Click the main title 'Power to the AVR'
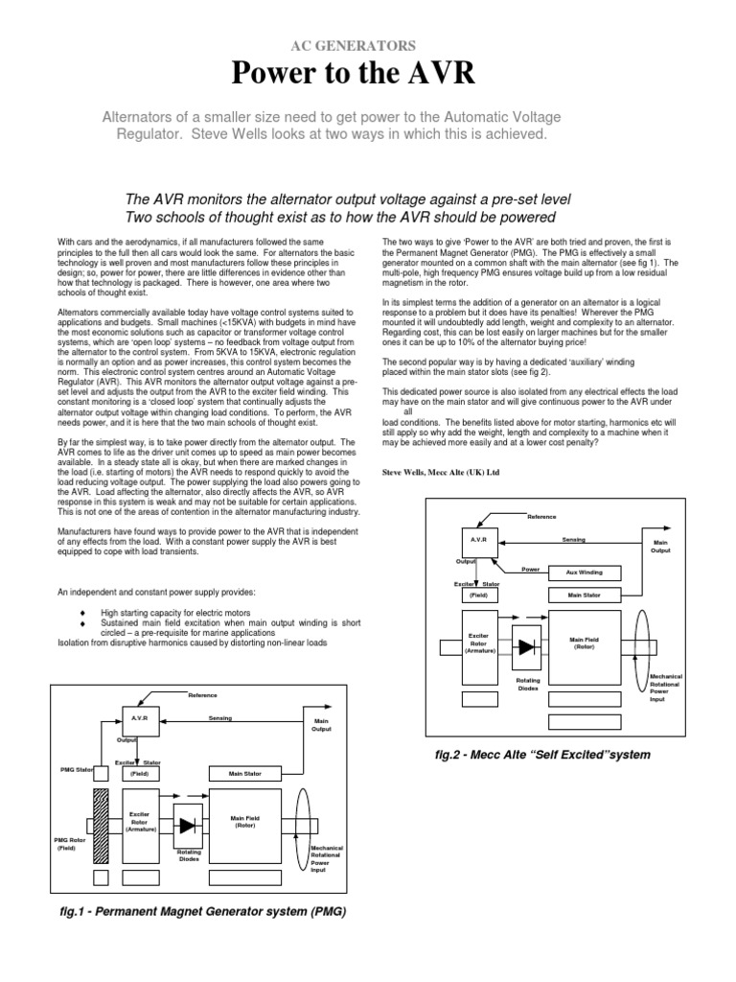(367, 74)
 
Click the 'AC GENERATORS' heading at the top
(367, 44)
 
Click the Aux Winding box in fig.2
(583, 573)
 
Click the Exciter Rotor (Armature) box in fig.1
(140, 823)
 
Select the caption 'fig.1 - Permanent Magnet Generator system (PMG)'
(203, 911)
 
